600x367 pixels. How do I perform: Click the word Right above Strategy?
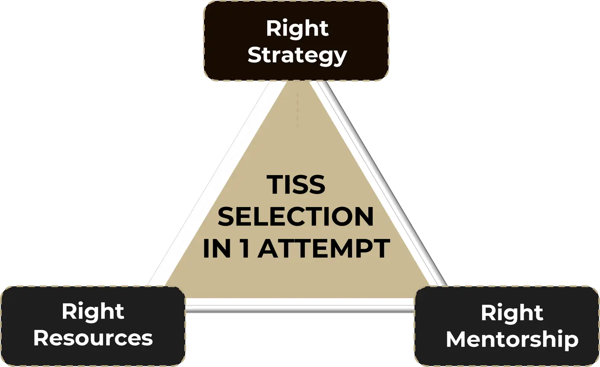[297, 28]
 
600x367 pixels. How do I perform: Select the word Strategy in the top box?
[297, 55]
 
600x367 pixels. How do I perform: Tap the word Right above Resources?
[93, 311]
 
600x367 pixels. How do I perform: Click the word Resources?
[93, 338]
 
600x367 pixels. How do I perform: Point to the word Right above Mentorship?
[512, 313]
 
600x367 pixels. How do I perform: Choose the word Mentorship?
[512, 339]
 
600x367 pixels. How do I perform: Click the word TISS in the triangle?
[296, 185]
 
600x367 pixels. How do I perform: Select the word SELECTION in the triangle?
[296, 217]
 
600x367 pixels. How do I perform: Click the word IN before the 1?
[217, 248]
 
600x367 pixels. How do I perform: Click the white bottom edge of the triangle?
[300, 308]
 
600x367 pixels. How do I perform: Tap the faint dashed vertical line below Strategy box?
[297, 110]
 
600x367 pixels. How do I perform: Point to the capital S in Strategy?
[255, 55]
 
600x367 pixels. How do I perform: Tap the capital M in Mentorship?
[457, 339]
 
